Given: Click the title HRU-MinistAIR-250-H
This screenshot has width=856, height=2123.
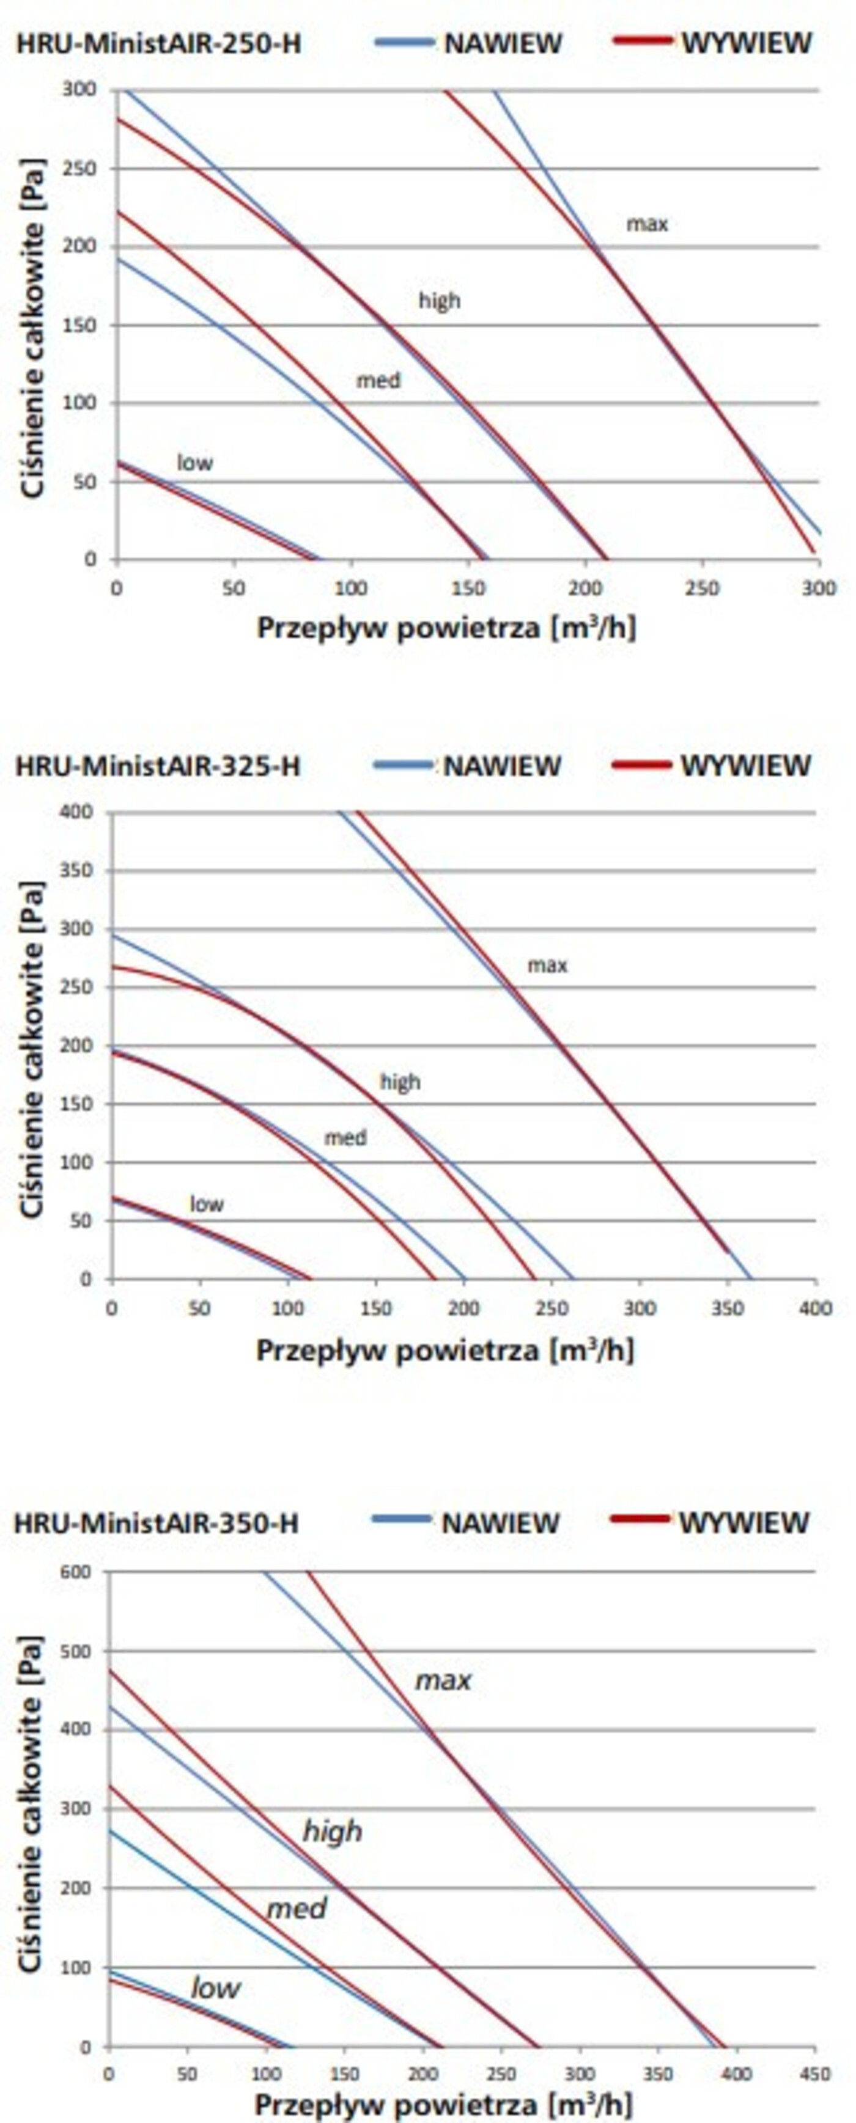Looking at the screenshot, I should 158,43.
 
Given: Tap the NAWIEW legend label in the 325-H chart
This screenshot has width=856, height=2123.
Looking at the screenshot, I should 501,766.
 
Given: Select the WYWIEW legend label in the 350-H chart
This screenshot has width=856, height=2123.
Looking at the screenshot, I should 744,1522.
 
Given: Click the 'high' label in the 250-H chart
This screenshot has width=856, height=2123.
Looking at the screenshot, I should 440,301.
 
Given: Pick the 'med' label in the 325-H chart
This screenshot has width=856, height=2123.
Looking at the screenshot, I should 345,1138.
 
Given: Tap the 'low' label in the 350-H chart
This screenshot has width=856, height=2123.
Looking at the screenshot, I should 215,1987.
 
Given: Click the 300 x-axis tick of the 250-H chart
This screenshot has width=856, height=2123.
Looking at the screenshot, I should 818,588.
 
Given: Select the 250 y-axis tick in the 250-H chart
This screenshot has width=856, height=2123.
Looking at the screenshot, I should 79,169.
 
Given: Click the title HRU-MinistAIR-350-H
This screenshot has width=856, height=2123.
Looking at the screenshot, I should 156,1522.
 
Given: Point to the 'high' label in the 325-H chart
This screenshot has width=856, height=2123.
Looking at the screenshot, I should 400,1081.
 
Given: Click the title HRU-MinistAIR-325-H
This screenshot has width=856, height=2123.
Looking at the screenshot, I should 158,766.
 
